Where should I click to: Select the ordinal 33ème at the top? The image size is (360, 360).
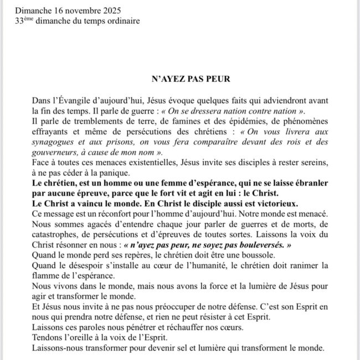click(24, 21)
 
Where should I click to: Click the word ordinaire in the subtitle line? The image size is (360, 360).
click(122, 21)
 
